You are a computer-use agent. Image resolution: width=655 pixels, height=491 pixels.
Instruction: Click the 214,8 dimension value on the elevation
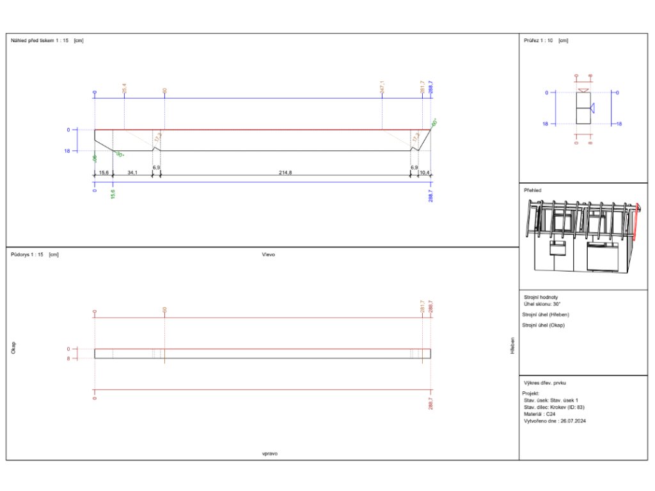285,173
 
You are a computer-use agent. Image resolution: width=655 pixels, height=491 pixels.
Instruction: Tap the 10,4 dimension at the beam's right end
424,173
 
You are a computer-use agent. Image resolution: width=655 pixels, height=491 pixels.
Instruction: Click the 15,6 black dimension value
104,173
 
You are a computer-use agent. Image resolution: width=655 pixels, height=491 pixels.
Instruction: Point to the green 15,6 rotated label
113,193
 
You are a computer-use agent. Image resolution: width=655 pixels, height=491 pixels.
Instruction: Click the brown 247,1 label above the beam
382,87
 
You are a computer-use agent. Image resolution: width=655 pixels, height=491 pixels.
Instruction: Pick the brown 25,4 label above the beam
124,88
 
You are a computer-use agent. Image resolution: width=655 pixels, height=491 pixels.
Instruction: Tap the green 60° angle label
434,122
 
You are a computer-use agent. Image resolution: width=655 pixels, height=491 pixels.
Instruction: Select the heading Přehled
532,190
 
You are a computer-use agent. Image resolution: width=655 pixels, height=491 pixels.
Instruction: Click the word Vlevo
268,254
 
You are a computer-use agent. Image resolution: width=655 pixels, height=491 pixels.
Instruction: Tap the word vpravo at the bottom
269,453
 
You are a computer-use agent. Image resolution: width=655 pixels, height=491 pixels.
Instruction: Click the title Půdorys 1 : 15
27,254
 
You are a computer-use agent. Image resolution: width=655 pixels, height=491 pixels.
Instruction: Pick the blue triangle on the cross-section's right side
593,107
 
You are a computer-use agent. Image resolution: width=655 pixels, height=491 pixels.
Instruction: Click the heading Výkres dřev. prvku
545,382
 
